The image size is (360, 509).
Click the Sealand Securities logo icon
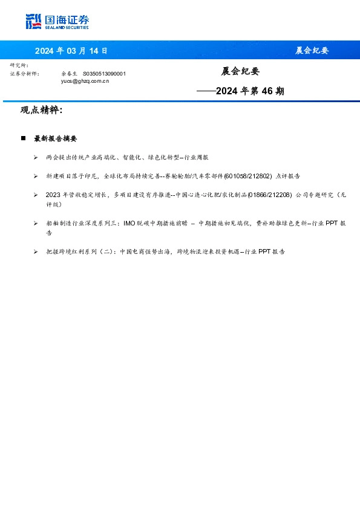click(x=34, y=22)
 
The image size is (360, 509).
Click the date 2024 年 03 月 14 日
click(x=71, y=50)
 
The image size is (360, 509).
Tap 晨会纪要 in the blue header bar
click(x=312, y=50)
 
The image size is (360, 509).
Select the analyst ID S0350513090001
click(x=104, y=73)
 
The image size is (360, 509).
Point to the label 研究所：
click(x=19, y=65)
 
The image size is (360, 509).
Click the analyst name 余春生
click(x=70, y=73)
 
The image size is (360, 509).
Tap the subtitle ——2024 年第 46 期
click(x=240, y=91)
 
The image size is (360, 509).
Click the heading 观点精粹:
click(x=41, y=111)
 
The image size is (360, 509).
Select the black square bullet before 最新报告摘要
click(x=23, y=138)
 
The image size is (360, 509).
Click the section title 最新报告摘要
click(x=55, y=138)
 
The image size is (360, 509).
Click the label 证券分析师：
click(x=24, y=73)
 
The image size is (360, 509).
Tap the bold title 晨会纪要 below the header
click(x=240, y=71)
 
